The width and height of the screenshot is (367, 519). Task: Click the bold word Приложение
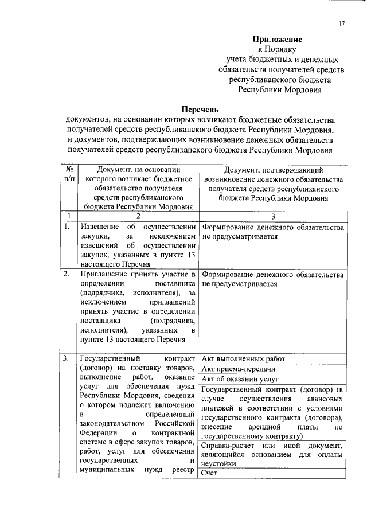278,40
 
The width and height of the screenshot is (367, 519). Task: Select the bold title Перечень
200,109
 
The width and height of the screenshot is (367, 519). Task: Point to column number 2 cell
138,216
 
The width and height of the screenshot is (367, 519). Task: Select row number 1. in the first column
67,228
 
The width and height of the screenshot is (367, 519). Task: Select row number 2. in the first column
67,274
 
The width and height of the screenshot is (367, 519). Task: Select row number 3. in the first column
67,359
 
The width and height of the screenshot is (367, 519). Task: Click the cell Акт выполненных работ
244,359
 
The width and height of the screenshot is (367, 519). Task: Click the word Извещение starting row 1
99,228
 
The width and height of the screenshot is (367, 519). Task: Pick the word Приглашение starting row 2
103,274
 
